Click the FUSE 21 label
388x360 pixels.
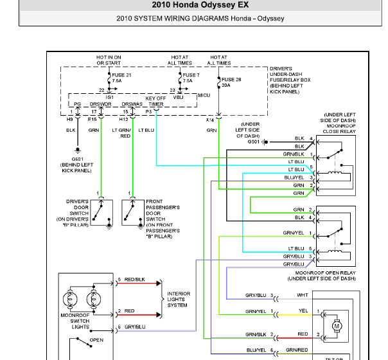coord(121,75)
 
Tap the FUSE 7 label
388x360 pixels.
coord(191,75)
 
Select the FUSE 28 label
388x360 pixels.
coord(231,80)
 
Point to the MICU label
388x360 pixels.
coord(204,95)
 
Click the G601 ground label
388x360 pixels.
coord(78,159)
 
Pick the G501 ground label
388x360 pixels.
coord(253,141)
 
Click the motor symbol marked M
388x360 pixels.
coord(337,326)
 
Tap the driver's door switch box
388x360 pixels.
coord(101,212)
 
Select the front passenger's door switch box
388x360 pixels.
coord(133,212)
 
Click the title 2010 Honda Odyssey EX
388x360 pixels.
coord(200,4)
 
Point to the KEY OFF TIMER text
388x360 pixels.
coord(155,102)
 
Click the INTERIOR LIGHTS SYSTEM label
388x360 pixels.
coord(179,300)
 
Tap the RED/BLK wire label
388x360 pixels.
coord(135,280)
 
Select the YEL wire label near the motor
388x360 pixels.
coord(303,310)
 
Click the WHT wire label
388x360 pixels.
coord(303,295)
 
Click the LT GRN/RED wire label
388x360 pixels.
coord(121,133)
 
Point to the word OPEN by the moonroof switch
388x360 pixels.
coord(96,340)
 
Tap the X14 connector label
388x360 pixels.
coord(210,120)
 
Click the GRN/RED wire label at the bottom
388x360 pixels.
coord(297,350)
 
